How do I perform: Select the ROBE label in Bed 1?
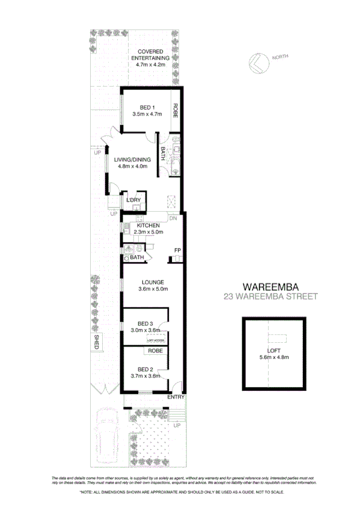(176, 111)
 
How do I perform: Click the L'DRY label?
(133, 200)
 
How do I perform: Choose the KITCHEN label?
(148, 226)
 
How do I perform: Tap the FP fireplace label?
(177, 250)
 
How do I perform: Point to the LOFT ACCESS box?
(155, 340)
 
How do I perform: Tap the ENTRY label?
(175, 398)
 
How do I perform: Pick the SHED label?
(96, 342)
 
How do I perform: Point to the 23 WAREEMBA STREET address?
(270, 296)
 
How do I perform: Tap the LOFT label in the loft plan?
(273, 351)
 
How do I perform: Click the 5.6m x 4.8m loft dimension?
(273, 358)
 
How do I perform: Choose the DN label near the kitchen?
(172, 218)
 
